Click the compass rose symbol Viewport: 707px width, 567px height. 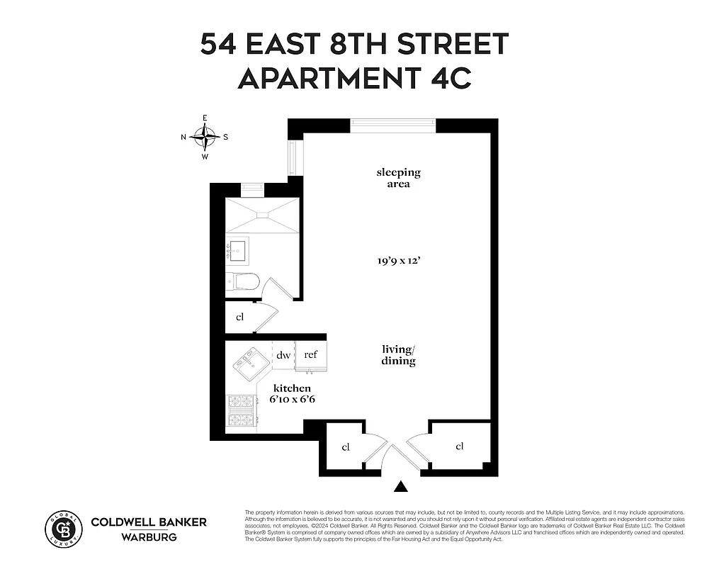coord(205,137)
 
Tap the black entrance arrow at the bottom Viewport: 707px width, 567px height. coord(402,486)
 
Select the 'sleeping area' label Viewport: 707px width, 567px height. coord(398,178)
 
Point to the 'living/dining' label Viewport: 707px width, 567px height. coord(398,354)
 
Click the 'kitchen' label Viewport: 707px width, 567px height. coord(293,388)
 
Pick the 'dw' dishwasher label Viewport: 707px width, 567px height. coord(283,355)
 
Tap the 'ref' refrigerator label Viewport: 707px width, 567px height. coord(310,354)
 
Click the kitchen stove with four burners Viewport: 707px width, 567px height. coord(241,412)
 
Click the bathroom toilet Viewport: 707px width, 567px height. coord(241,283)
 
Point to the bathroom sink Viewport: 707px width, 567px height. coord(237,249)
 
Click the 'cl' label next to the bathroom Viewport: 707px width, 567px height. coord(239,317)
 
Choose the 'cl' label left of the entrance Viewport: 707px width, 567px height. coord(346,447)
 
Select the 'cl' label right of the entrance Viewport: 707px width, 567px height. coord(460,446)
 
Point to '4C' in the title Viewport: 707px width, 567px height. coord(449,78)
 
